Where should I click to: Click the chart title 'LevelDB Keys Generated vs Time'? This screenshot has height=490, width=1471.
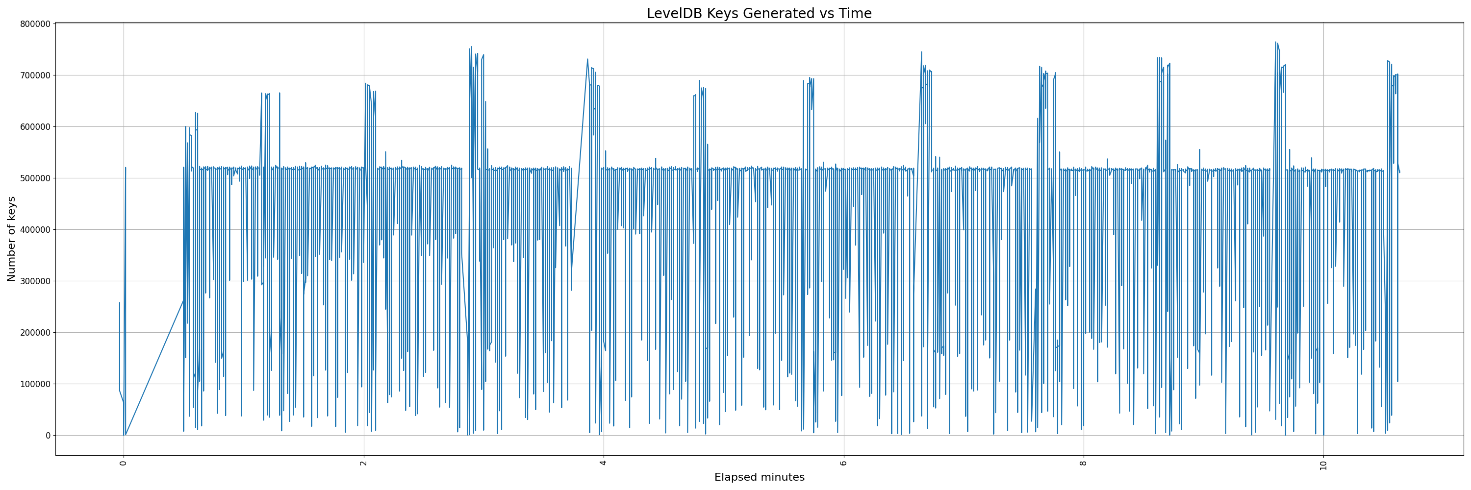coord(759,14)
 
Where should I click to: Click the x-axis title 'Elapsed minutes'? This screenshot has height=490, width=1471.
coord(759,477)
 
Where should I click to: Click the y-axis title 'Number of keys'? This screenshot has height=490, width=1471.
coord(11,239)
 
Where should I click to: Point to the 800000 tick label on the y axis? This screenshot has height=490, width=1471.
coord(35,24)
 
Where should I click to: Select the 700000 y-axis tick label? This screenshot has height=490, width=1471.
coord(35,75)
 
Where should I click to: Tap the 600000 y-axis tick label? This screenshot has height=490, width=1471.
coord(35,126)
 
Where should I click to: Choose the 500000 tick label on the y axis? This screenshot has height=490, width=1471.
coord(35,178)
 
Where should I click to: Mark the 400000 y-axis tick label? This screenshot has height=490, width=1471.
coord(35,229)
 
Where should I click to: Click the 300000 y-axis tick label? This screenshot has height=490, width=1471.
coord(35,281)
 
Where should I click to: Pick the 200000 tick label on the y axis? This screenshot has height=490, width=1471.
coord(35,333)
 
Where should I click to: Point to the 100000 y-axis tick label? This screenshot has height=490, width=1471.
coord(35,384)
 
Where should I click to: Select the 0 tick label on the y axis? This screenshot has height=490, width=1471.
coord(49,435)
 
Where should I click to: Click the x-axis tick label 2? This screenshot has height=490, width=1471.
coord(363,463)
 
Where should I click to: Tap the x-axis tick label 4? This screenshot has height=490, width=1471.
coord(603,463)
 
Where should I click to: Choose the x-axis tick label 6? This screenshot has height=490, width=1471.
coord(843,463)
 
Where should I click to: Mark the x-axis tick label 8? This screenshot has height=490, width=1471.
coord(1083,463)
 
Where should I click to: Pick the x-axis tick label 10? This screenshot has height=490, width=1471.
coord(1323,465)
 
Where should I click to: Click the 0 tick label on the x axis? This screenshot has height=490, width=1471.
coord(124,463)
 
